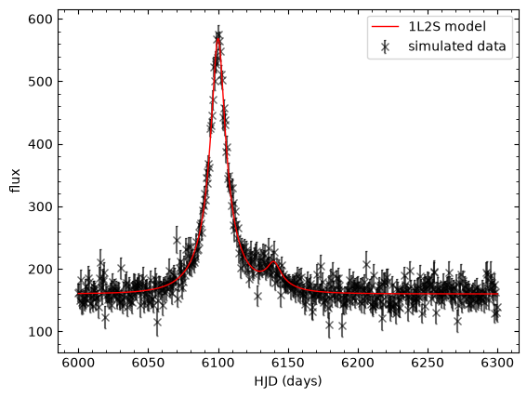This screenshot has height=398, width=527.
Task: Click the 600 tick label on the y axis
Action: click(40, 20)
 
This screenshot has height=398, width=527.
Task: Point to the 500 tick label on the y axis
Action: click(40, 82)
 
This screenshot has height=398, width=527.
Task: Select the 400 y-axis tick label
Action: click(40, 144)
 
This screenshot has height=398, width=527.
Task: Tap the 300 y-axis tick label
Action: click(40, 206)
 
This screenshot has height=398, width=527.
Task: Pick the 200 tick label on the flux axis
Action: click(40, 270)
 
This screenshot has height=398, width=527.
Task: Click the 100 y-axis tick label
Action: click(40, 332)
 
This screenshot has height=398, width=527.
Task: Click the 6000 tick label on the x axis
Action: click(79, 364)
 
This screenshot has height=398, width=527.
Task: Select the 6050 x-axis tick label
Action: click(149, 364)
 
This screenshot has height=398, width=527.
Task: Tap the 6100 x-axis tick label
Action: click(218, 364)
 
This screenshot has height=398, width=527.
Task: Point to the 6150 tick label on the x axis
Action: click(288, 364)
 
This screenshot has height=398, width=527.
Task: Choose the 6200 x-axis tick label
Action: click(358, 364)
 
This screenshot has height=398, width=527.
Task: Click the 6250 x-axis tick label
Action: click(428, 364)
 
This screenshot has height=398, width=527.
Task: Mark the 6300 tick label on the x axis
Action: click(497, 364)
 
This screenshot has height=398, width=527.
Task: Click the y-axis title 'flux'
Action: click(16, 180)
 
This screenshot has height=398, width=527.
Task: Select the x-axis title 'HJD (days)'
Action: click(288, 381)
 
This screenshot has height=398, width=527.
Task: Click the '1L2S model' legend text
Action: click(447, 26)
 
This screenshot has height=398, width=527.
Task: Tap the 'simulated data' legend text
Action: click(457, 46)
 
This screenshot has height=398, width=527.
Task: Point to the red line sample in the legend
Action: click(385, 26)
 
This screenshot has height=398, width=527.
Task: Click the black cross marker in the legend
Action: click(385, 47)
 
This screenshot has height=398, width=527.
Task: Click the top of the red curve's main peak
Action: click(218, 37)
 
